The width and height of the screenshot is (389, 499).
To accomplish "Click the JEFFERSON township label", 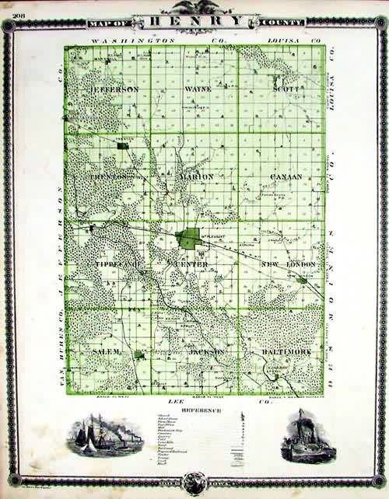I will (x=115, y=89).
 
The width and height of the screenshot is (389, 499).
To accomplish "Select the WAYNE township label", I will (x=199, y=89).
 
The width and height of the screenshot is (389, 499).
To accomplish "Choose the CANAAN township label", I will (x=286, y=178).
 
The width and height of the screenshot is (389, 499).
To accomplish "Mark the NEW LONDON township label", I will (x=288, y=265).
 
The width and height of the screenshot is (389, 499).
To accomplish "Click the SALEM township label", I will (x=107, y=352).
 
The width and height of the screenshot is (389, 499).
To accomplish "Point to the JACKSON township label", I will (x=206, y=352).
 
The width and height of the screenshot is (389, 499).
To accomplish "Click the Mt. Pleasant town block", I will (x=189, y=238).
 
